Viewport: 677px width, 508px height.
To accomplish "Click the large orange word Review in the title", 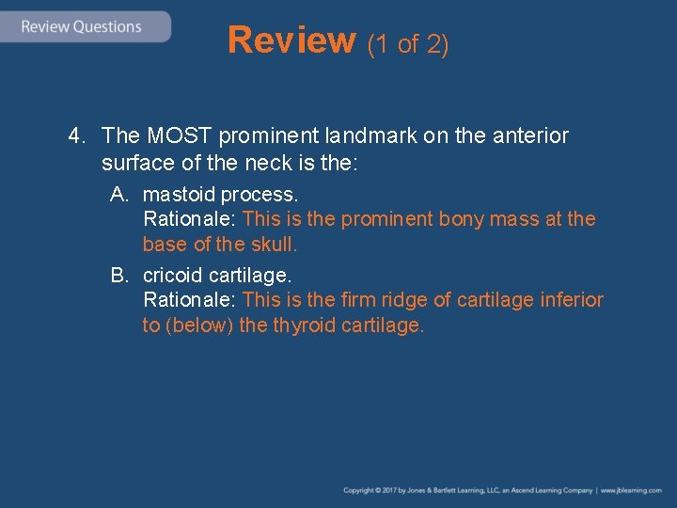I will pyautogui.click(x=291, y=40).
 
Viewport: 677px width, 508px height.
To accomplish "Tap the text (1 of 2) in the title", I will pyautogui.click(x=407, y=43).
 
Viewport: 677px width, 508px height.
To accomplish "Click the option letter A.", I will pyautogui.click(x=118, y=195).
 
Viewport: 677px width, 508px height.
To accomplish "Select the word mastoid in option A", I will pyautogui.click(x=178, y=195).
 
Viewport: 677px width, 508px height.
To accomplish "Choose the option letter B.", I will pyautogui.click(x=118, y=276).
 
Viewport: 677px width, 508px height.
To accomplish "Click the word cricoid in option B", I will pyautogui.click(x=173, y=276).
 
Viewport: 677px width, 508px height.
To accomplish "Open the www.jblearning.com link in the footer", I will pyautogui.click(x=631, y=491).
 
